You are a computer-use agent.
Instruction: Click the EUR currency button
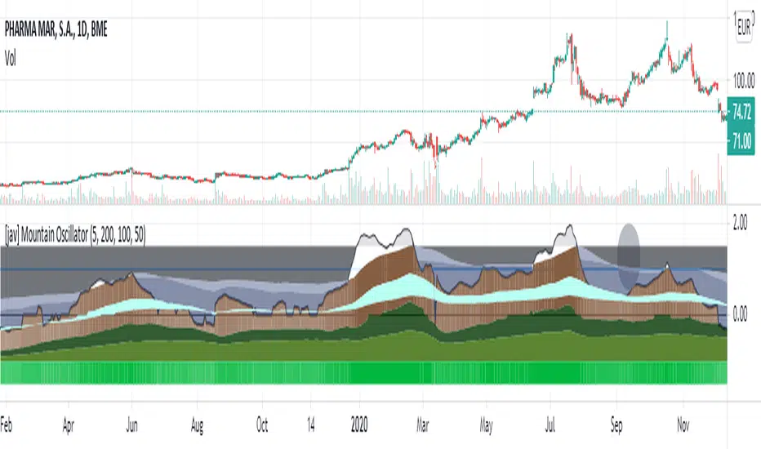744,25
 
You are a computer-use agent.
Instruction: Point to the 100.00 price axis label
744,81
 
